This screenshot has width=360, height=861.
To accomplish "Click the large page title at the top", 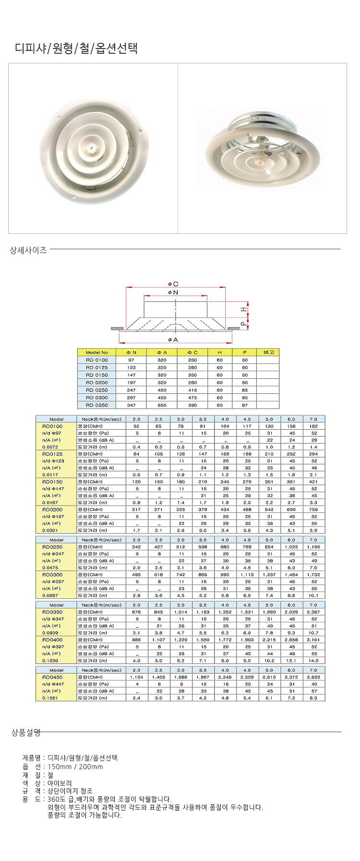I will [x=76, y=48].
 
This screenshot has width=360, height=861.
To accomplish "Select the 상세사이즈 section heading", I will [x=28, y=250].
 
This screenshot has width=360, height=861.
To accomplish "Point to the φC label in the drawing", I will [x=173, y=284].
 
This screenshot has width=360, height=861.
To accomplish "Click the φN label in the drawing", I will [x=173, y=292].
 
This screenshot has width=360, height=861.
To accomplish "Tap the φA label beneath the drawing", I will [x=173, y=340].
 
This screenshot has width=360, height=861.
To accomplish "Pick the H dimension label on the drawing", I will [x=244, y=310].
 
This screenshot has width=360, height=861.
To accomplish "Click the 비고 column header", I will [x=268, y=352].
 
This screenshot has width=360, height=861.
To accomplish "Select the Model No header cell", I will [x=97, y=352].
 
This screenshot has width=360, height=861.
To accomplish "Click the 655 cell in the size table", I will [x=162, y=405].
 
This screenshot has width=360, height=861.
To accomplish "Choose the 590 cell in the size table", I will [x=192, y=405].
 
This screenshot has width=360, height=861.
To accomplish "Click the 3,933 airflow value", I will [x=313, y=677].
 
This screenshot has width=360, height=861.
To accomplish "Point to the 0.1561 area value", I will [x=50, y=698].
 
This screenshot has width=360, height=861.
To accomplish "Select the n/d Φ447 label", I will [x=53, y=684].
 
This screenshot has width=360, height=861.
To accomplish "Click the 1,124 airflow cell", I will [x=137, y=677].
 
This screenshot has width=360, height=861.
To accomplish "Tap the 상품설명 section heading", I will [x=26, y=732].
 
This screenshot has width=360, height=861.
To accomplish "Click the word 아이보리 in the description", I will [x=60, y=783].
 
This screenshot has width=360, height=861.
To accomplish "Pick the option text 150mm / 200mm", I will [x=75, y=766].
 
